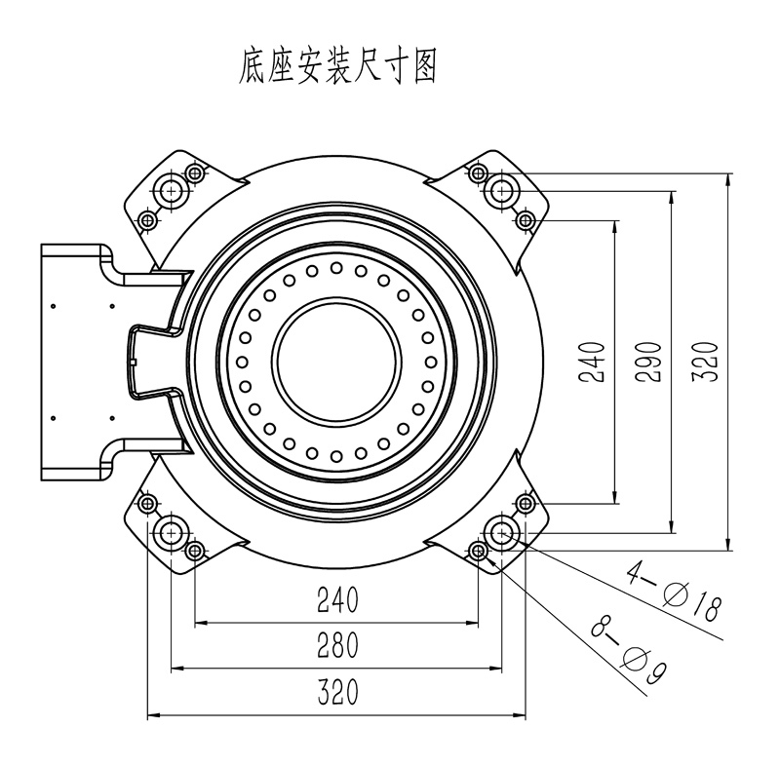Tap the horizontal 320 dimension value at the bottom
pyautogui.click(x=336, y=693)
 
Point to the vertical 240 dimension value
pyautogui.click(x=598, y=361)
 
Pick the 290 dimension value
pyautogui.click(x=653, y=361)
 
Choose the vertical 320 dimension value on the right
pyautogui.click(x=709, y=361)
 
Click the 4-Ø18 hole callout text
pyautogui.click(x=674, y=589)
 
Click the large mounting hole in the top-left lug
pyautogui.click(x=172, y=189)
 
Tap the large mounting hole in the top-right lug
pyautogui.click(x=503, y=188)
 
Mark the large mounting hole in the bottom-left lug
pyautogui.click(x=172, y=531)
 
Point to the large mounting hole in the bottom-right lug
pyautogui.click(x=503, y=531)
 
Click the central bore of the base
pyautogui.click(x=336, y=360)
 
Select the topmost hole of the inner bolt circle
pyautogui.click(x=336, y=267)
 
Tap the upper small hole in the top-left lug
pyautogui.click(x=195, y=173)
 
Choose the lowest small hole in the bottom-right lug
pyautogui.click(x=479, y=553)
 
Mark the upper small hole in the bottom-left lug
pyautogui.click(x=147, y=504)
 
